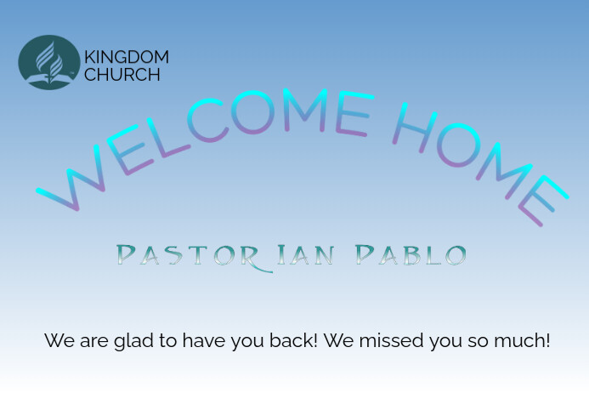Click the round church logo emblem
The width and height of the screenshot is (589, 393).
48,61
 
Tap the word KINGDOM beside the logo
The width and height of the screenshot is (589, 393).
126,57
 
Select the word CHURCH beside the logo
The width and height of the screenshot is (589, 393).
122,75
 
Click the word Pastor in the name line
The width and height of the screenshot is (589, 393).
186,254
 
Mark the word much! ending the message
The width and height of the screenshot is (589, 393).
523,341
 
